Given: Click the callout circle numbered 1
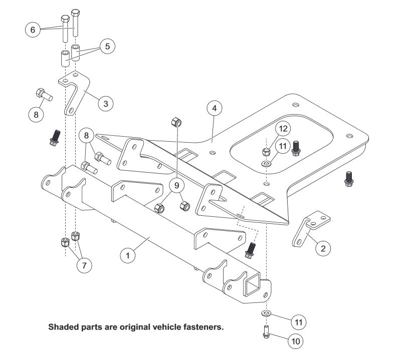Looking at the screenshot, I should pos(128,255).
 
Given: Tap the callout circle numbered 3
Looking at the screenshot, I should pos(105,104).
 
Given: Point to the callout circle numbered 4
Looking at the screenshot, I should pos(214,108).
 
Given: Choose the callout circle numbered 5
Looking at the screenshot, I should pos(107,47).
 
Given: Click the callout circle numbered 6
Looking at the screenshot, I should pos(33,30).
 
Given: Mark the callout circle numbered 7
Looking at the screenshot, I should pos(84,265).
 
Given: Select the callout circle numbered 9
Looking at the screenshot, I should pos(176,186).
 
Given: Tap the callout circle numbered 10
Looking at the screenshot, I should pos(296,341).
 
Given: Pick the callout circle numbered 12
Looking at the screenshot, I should pos(283,128).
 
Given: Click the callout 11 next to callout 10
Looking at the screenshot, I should pos(299,321).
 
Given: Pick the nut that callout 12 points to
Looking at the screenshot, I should pos(267,151).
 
